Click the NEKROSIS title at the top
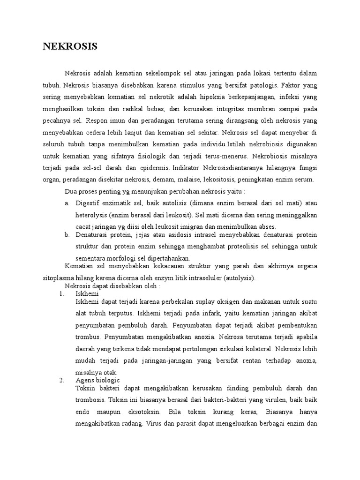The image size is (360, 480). coord(70,46)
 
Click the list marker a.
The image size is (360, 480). coord(67,203)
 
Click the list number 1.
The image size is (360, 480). coord(61,293)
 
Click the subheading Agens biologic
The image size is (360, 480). coord(98,380)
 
